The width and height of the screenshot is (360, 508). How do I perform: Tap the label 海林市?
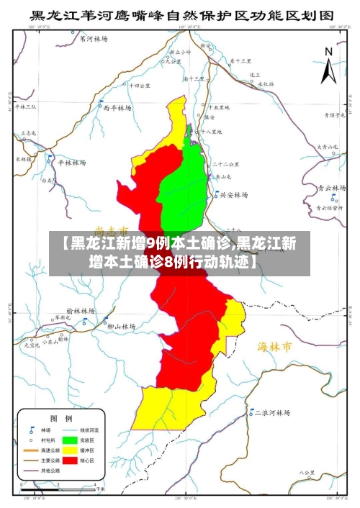[275, 347]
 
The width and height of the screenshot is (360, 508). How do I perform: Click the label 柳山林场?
[121, 326]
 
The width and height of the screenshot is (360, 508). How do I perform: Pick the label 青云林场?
[333, 188]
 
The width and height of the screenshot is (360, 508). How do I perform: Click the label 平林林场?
[72, 163]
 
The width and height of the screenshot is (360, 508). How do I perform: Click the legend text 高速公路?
[40, 449]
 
